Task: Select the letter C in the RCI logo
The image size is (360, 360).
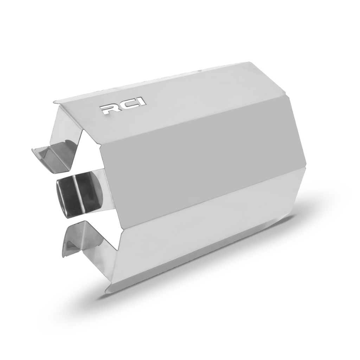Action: [127, 105]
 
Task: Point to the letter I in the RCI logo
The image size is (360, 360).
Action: [142, 102]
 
